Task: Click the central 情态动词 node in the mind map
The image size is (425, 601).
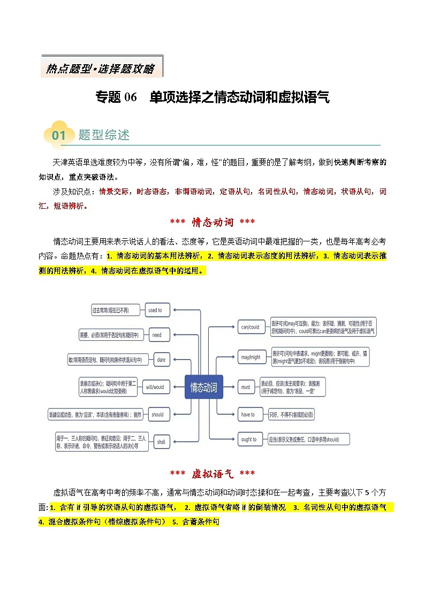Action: click(203, 387)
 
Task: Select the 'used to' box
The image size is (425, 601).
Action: click(156, 310)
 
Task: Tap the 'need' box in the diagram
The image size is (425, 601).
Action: click(156, 335)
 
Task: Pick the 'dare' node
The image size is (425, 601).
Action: click(161, 360)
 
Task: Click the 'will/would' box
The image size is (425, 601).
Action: click(155, 387)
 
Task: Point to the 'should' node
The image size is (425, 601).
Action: click(157, 414)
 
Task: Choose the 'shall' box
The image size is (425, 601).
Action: click(161, 442)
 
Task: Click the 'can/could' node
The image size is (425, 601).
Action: click(250, 327)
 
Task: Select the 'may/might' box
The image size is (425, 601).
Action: click(251, 357)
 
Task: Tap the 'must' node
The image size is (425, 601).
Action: click(246, 387)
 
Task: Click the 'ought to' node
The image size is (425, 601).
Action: click(249, 439)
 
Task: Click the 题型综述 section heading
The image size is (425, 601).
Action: click(104, 135)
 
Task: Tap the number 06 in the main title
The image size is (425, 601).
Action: click(131, 97)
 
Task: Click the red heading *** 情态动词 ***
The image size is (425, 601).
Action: click(212, 222)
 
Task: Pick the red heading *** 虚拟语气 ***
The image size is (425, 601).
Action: click(212, 474)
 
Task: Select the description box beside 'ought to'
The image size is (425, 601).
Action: click(309, 439)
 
